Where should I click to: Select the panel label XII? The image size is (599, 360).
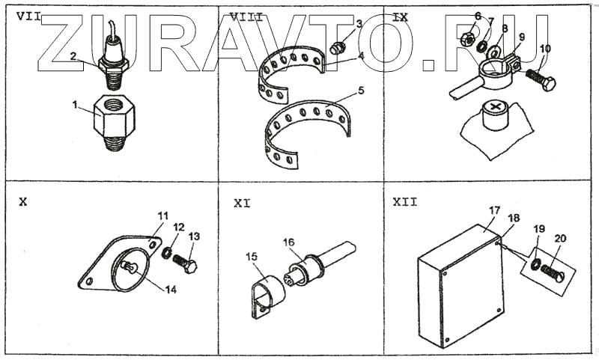point(404,201)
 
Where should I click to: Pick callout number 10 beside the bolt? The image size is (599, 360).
point(545,49)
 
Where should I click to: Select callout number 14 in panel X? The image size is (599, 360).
point(171,290)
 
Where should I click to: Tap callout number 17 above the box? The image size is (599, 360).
point(493,212)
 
